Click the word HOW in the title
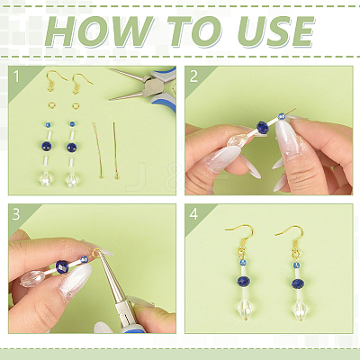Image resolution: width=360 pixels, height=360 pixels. [x=98, y=31]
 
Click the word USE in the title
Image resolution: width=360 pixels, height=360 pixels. [x=275, y=31]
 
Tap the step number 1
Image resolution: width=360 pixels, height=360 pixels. [x=16, y=76]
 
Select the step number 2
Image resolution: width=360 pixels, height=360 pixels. [x=193, y=76]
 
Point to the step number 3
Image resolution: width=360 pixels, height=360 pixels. [x=16, y=214]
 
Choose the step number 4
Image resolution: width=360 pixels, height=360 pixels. [x=193, y=214]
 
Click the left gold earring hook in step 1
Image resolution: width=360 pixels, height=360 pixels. [x=56, y=80]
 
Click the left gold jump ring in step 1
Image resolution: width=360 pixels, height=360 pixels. [x=51, y=105]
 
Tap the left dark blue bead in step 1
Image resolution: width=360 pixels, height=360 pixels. [x=47, y=146]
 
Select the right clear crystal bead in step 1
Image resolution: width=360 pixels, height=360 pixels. [x=71, y=180]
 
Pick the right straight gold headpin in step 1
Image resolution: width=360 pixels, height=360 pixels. [x=115, y=150]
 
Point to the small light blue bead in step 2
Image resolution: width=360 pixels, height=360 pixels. [x=282, y=116]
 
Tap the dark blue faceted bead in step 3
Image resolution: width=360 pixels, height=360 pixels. [x=62, y=266]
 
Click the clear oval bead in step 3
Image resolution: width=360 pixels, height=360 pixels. [x=31, y=278]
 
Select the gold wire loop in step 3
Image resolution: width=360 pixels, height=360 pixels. [x=96, y=253]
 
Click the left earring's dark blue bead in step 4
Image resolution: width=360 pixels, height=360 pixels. [x=243, y=281]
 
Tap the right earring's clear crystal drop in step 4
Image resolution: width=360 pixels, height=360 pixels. [x=298, y=309]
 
